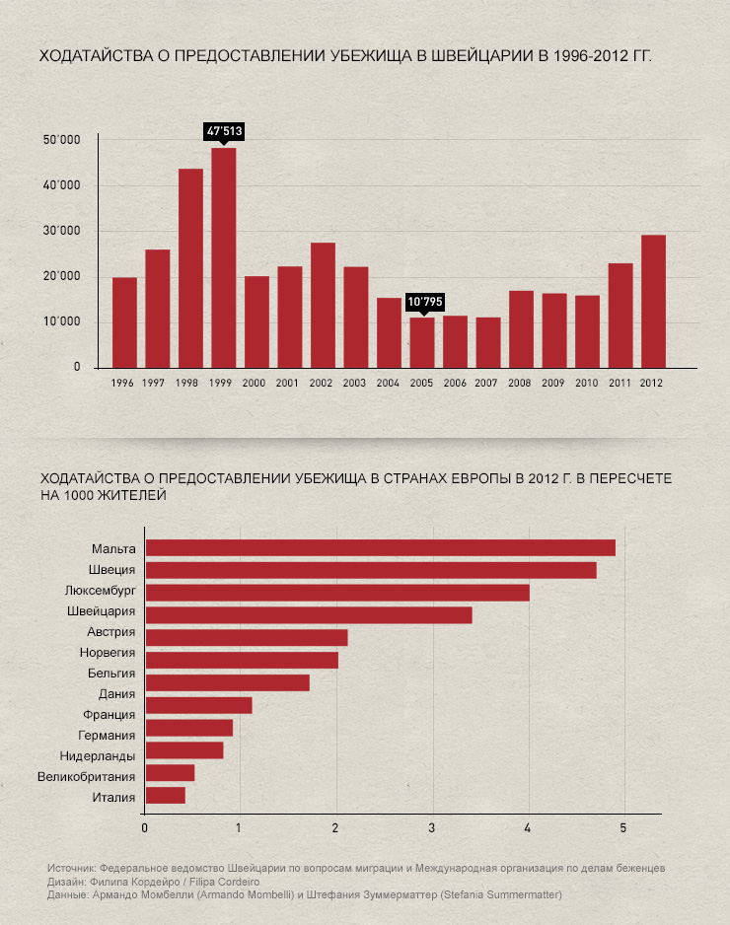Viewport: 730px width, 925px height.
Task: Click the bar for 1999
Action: [x=223, y=257]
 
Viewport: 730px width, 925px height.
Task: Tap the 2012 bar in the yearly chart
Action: [x=653, y=301]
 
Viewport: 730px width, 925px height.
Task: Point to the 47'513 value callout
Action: [x=224, y=130]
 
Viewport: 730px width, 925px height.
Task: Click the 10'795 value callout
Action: [x=424, y=302]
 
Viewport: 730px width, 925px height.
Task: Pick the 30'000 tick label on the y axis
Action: [x=61, y=231]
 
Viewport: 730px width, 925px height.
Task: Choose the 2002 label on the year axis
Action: [x=322, y=383]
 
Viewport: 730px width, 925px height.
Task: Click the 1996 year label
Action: [x=123, y=383]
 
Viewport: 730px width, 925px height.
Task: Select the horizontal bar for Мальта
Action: [x=380, y=547]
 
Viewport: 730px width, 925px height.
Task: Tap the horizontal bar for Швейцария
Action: [x=308, y=615]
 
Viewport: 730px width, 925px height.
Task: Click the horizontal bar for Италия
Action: [x=165, y=796]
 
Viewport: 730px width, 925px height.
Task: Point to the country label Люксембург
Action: [x=100, y=591]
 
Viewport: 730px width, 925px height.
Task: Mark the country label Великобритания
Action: [x=86, y=776]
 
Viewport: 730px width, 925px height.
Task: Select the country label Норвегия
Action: [x=108, y=653]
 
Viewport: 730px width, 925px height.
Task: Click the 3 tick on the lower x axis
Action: [x=432, y=827]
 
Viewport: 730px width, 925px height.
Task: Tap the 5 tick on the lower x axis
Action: [x=623, y=827]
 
